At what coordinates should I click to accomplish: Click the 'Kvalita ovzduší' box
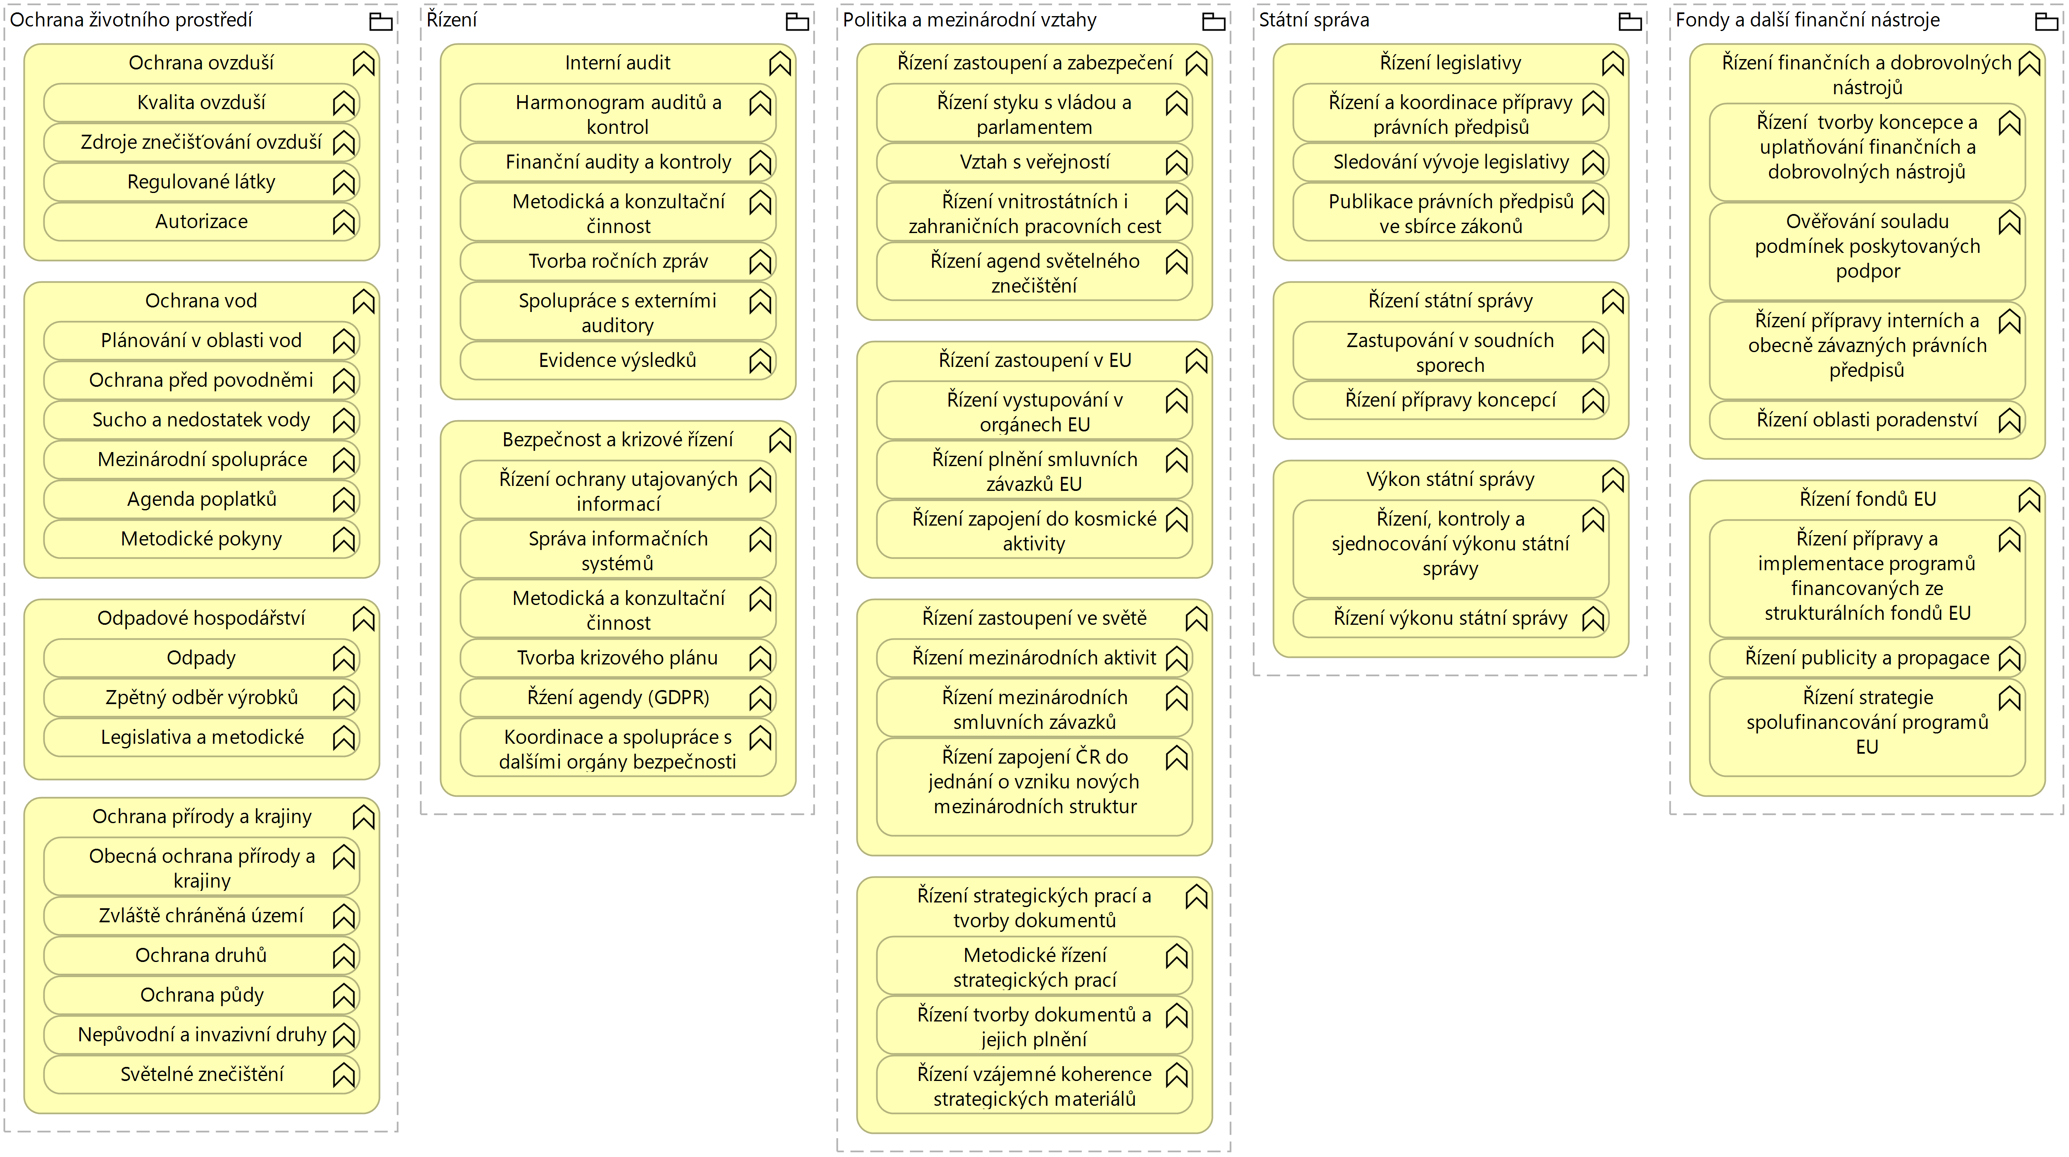(201, 103)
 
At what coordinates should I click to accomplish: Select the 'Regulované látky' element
(201, 182)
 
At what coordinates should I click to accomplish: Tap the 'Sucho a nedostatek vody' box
(201, 420)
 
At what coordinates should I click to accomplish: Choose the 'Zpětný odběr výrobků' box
(201, 698)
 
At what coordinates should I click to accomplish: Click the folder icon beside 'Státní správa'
(1630, 21)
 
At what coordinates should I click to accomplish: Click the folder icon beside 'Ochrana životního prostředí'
(381, 21)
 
